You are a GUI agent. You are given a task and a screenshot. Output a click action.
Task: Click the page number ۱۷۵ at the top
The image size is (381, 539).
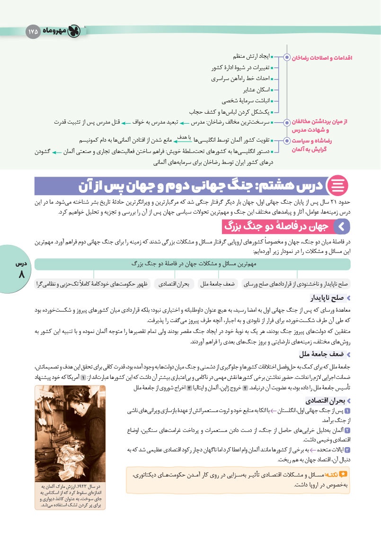(33, 31)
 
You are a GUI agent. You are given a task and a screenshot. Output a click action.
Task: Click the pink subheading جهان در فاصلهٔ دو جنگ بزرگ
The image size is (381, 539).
(278, 227)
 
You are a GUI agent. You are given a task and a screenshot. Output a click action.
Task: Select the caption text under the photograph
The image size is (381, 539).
(70, 496)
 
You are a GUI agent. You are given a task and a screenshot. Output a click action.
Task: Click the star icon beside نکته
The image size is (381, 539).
(344, 473)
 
